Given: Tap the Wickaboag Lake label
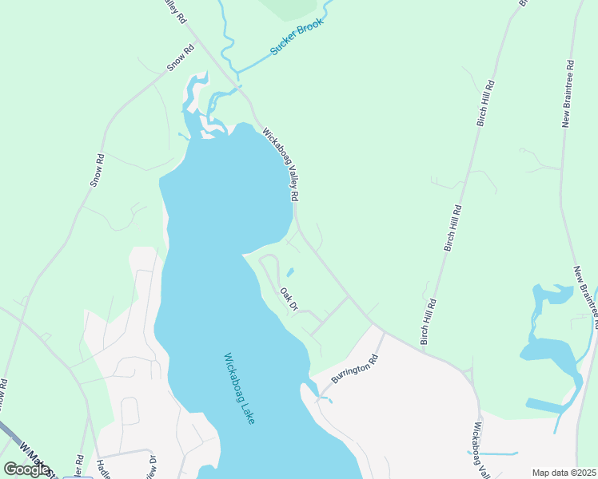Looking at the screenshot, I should (239, 388).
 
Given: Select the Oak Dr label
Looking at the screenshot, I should (289, 300).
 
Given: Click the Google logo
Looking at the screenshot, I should (26, 469).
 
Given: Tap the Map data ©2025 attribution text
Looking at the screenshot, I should (564, 473).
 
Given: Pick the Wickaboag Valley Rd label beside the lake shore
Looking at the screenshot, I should (281, 163).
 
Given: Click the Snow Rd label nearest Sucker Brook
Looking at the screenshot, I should (181, 58).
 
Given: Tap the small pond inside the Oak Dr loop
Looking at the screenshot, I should (289, 272).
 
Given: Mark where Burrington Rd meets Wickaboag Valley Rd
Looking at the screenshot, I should (385, 332).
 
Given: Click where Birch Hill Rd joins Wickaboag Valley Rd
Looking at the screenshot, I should (422, 346).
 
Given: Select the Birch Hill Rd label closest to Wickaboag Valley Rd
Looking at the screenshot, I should (431, 316).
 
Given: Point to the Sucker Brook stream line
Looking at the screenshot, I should (264, 60).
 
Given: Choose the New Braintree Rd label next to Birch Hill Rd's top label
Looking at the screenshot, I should (568, 93).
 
